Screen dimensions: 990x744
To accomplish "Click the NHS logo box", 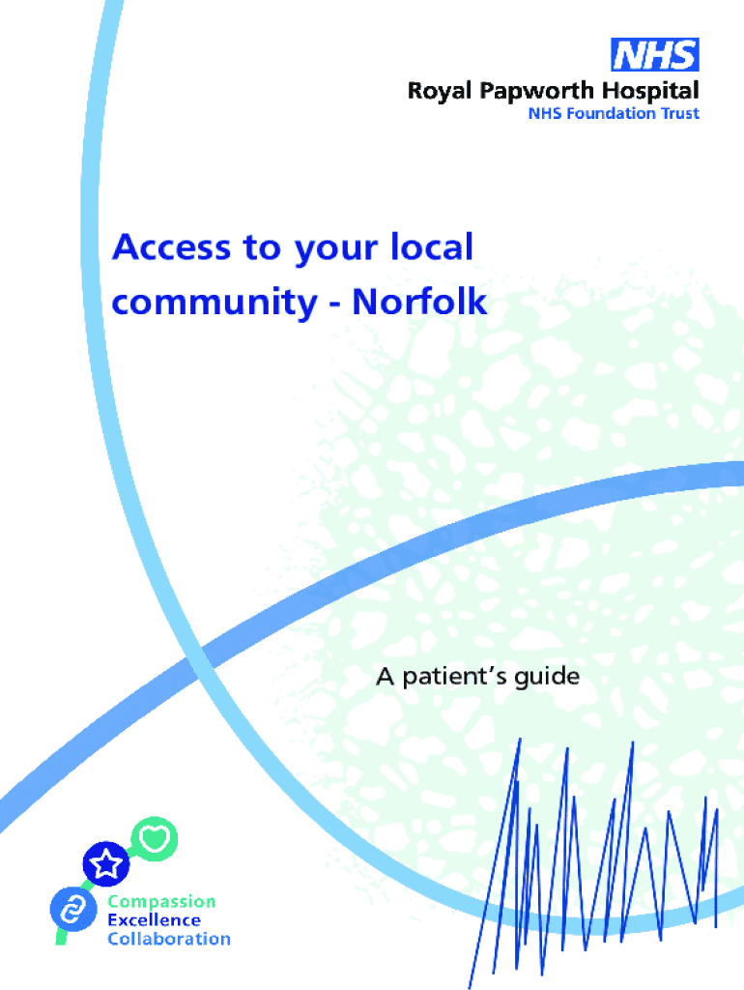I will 654,54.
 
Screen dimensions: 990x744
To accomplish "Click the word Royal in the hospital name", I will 436,92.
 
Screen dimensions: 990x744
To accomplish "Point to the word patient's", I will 458,676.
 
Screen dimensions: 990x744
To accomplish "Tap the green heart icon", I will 153,837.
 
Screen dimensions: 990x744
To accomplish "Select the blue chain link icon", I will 71,908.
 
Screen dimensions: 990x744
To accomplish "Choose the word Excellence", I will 155,919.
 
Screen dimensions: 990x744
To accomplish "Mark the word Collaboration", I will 169,938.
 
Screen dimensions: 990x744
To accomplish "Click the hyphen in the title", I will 331,304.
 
